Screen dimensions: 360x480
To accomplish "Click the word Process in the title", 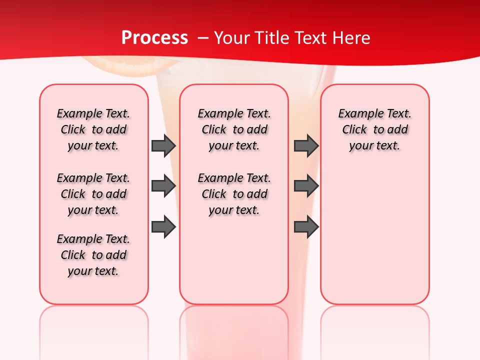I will point(154,38).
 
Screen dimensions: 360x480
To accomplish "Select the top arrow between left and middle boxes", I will point(163,145).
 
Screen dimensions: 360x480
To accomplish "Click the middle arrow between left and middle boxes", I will point(163,186).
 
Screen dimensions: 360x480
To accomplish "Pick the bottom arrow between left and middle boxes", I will point(163,227).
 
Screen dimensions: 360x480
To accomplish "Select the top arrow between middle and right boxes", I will point(306,145).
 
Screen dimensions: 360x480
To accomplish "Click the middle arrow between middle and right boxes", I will point(306,186).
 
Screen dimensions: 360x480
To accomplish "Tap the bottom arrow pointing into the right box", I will point(306,227).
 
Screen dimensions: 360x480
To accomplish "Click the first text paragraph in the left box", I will point(93,129).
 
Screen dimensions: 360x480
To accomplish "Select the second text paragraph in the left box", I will point(93,194).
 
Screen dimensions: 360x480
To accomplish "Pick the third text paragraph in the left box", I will point(93,255).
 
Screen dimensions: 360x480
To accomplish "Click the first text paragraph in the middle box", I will point(234,129).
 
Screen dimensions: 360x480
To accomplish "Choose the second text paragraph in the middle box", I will point(234,194).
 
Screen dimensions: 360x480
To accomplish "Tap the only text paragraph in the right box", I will point(374,129).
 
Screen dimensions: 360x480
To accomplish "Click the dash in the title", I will point(202,38).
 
